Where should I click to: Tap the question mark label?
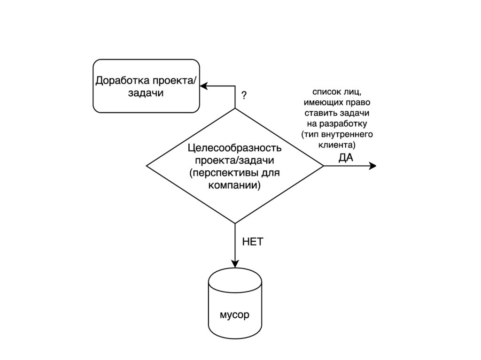244,95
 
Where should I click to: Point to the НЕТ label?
253,242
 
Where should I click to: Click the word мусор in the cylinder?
234,314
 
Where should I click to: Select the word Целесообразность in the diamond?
234,148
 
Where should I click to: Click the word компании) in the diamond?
234,185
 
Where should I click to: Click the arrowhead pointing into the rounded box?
203,86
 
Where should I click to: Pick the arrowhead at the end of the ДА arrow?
373,166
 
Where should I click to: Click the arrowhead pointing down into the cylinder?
234,265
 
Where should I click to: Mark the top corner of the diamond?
234,108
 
